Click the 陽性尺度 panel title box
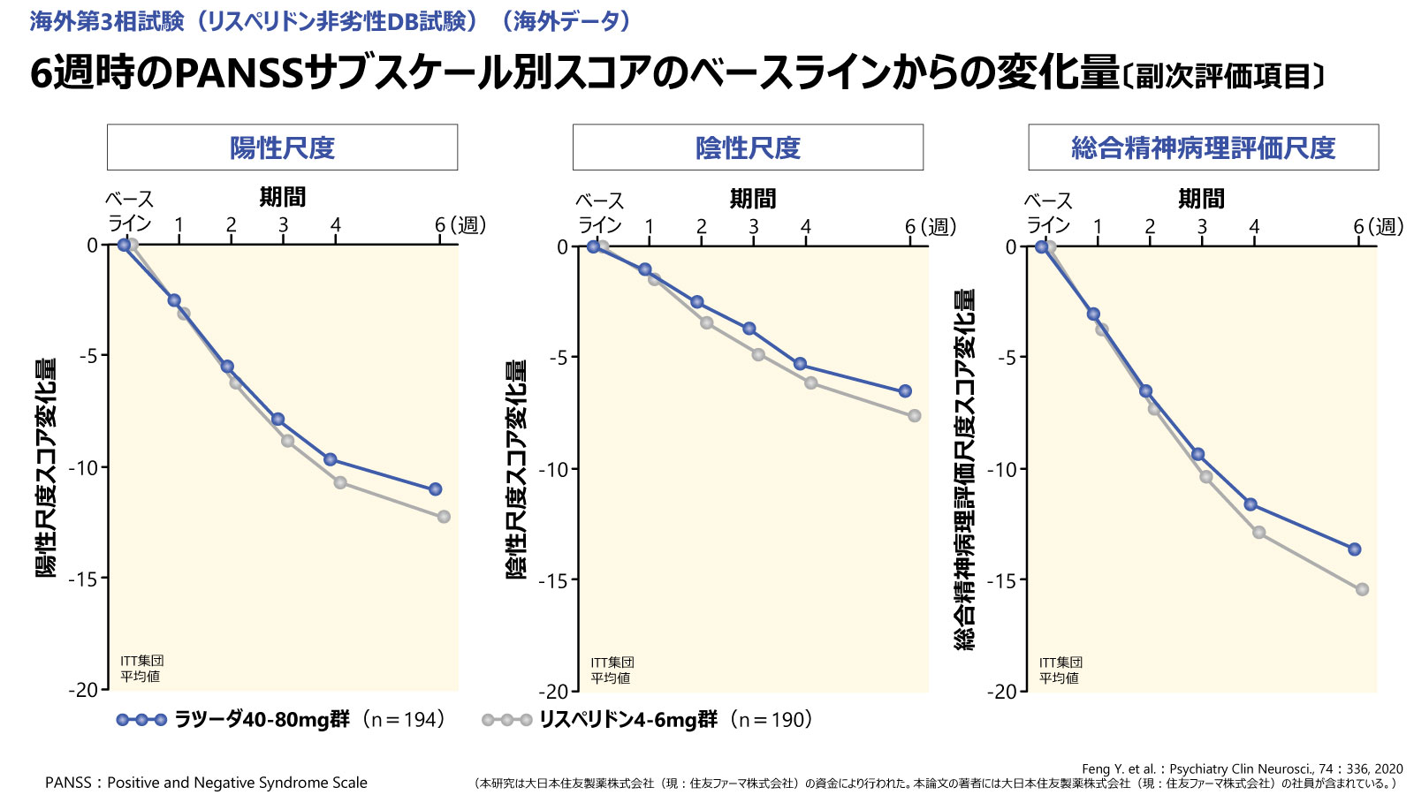[x=282, y=148]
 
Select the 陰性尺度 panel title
[x=748, y=148]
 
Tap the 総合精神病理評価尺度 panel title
[x=1203, y=148]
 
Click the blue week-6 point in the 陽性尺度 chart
[x=435, y=489]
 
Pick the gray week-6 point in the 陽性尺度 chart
[x=444, y=517]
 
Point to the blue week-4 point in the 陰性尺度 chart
[x=800, y=364]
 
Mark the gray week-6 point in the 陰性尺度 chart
[x=915, y=416]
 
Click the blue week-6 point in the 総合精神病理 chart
[x=1355, y=549]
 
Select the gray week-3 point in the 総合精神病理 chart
[x=1205, y=477]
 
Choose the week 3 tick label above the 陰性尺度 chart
[x=753, y=227]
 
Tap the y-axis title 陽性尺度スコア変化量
[x=46, y=468]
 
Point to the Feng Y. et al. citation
[x=1242, y=768]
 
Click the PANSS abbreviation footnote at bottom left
[x=206, y=783]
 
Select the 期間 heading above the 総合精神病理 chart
[x=1201, y=199]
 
